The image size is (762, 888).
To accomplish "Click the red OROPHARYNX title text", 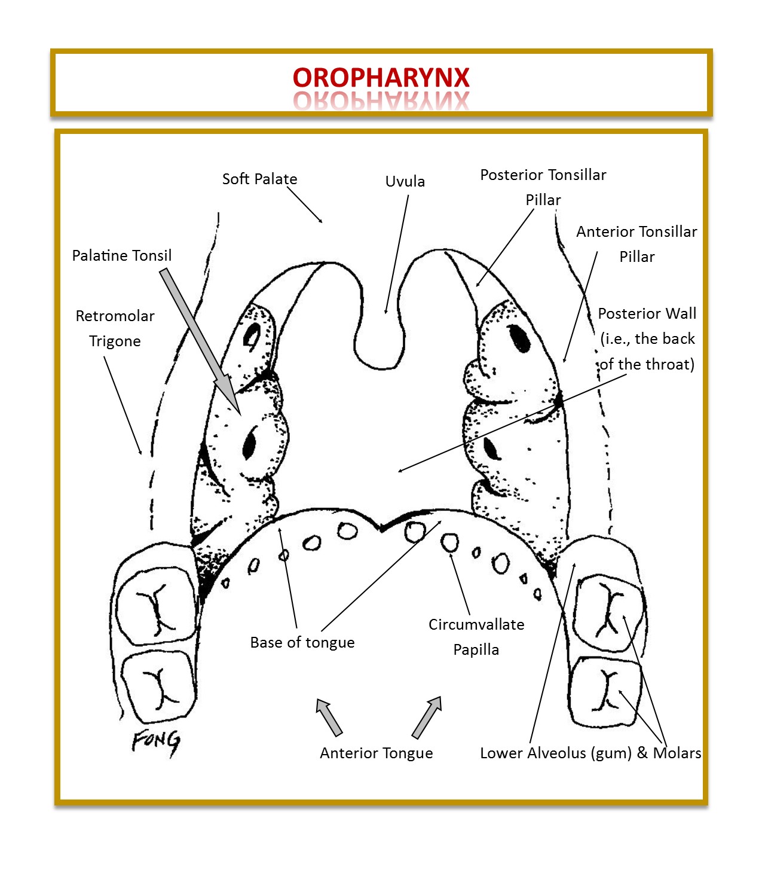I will pyautogui.click(x=381, y=78).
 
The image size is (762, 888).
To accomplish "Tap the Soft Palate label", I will pyautogui.click(x=259, y=179).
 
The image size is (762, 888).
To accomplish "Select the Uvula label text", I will pyautogui.click(x=405, y=181).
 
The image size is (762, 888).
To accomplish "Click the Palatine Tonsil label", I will pyautogui.click(x=121, y=255).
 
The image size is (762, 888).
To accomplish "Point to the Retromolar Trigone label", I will pyautogui.click(x=115, y=328).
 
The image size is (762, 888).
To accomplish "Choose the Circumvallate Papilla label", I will pyautogui.click(x=476, y=637).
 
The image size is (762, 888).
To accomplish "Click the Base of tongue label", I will pyautogui.click(x=302, y=642).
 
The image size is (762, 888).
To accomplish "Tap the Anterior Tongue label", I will pyautogui.click(x=376, y=753).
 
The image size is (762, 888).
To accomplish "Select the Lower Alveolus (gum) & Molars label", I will pyautogui.click(x=590, y=753).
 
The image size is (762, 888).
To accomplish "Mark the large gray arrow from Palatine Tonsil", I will pyautogui.click(x=200, y=341).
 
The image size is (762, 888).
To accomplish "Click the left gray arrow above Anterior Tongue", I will pyautogui.click(x=329, y=717).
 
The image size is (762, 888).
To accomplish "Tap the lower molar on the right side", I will pyautogui.click(x=605, y=691).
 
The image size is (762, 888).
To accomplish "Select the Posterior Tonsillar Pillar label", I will pyautogui.click(x=543, y=187).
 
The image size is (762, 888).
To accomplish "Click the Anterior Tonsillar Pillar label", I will pyautogui.click(x=636, y=244).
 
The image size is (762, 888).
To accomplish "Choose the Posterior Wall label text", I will pyautogui.click(x=647, y=338).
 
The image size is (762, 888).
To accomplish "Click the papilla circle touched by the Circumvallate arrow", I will pyautogui.click(x=449, y=543).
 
